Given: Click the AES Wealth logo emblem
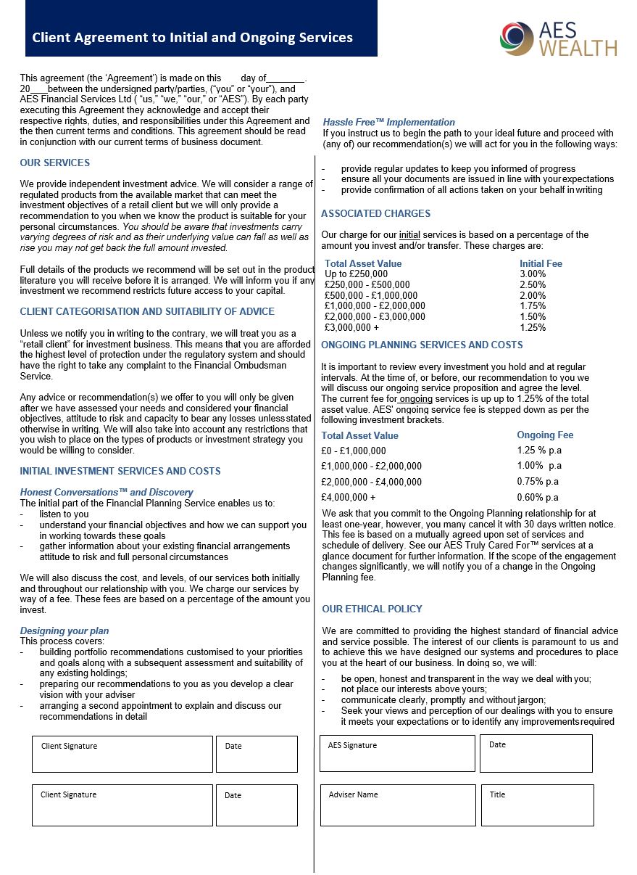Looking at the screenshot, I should pyautogui.click(x=516, y=38).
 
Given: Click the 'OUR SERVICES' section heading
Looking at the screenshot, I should pyautogui.click(x=55, y=163).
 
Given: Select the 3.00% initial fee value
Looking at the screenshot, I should pyautogui.click(x=533, y=274).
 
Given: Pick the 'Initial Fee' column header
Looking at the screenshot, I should pyautogui.click(x=541, y=263).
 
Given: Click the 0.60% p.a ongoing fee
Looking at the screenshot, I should pyautogui.click(x=538, y=498).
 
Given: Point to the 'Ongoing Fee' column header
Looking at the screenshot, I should pyautogui.click(x=545, y=435).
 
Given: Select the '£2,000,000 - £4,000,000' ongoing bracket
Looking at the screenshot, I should pyautogui.click(x=371, y=482).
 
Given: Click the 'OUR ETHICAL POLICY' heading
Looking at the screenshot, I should pyautogui.click(x=372, y=609).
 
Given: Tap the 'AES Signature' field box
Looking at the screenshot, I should pyautogui.click(x=397, y=753).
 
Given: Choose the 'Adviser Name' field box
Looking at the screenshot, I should pyautogui.click(x=397, y=805).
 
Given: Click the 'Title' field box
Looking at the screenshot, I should pyautogui.click(x=537, y=805).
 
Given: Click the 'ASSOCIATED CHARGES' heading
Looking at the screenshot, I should pyautogui.click(x=375, y=213).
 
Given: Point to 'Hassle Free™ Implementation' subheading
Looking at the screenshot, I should pyautogui.click(x=389, y=122).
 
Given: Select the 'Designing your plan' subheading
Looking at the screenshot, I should pyautogui.click(x=64, y=630).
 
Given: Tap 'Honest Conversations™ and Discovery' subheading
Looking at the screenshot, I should pyautogui.click(x=107, y=492).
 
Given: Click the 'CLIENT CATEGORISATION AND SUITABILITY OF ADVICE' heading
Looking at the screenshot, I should pyautogui.click(x=147, y=311).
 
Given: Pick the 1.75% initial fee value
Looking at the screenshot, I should pyautogui.click(x=533, y=306).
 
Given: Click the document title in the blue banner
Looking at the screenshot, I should pyautogui.click(x=193, y=38).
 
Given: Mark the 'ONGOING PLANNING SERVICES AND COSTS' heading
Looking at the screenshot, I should pyautogui.click(x=422, y=345).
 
